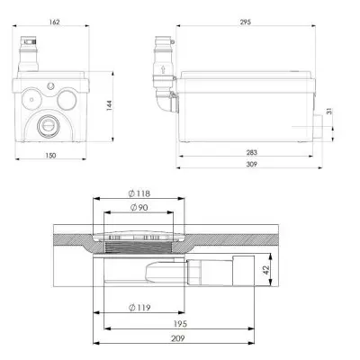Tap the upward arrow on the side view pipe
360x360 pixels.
pos(162,67)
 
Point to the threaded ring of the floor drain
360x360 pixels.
pos(143,245)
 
